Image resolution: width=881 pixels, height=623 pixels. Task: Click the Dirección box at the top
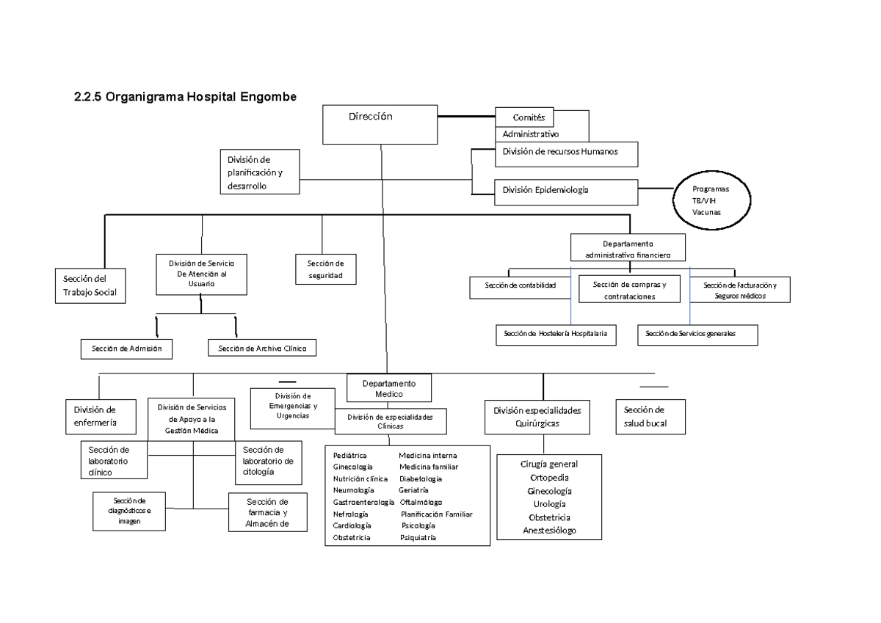380,124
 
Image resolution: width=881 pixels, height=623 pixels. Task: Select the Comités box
524,117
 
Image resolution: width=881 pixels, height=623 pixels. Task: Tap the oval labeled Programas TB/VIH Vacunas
710,200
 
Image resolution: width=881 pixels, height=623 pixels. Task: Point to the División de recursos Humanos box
565,153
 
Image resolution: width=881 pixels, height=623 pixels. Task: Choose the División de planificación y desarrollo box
260,172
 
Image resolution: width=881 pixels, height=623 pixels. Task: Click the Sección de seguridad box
325,269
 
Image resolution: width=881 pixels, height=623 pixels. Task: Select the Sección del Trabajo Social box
90,285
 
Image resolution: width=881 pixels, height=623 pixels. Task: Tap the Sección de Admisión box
126,349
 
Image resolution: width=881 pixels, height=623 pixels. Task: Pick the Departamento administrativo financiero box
628,249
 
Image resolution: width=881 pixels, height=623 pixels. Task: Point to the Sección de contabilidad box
521,286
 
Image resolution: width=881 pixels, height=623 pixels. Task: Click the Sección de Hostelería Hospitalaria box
555,335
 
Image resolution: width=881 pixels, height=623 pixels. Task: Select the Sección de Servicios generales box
697,335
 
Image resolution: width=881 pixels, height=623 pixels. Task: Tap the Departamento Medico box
389,389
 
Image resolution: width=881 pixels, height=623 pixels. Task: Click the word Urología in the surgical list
549,504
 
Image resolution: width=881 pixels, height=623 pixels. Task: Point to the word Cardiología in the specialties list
352,525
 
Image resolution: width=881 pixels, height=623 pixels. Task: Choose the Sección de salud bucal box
650,417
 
